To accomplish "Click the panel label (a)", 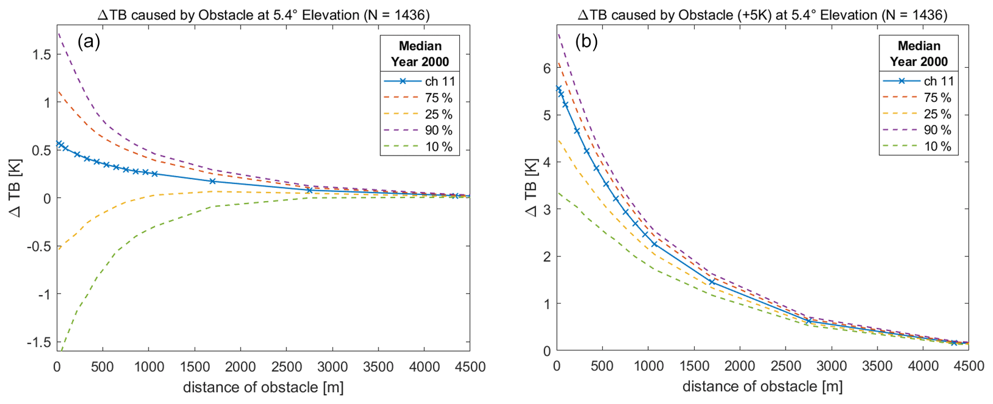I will (x=89, y=42).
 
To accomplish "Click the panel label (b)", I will (x=587, y=42).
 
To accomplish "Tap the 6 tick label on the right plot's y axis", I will (x=547, y=68).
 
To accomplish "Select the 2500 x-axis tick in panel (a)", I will (x=286, y=367).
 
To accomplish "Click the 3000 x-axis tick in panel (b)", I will (x=832, y=366).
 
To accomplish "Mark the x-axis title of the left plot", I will (x=263, y=387).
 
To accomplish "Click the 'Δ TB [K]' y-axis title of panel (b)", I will (x=531, y=188).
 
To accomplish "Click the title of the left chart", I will (x=263, y=15).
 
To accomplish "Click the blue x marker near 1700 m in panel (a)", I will (x=212, y=181).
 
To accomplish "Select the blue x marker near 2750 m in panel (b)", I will (x=809, y=320).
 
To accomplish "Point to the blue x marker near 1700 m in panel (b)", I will (x=712, y=282).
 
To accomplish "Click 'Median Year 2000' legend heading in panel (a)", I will (x=420, y=54).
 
